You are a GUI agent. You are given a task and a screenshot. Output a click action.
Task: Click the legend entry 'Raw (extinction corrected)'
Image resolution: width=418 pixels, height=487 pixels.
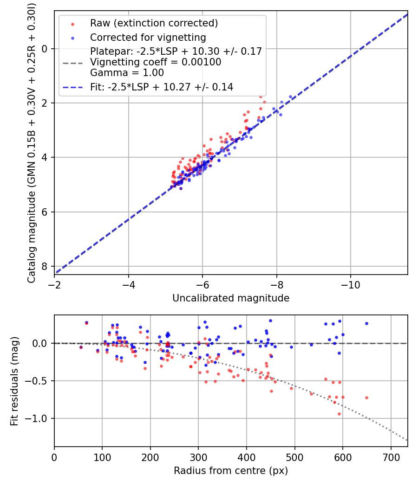click(154, 23)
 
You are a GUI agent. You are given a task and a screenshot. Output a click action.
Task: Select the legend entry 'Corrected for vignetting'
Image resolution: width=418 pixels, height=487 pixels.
click(148, 37)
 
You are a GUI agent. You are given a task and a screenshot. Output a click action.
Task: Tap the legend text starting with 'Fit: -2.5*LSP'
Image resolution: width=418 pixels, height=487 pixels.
click(161, 87)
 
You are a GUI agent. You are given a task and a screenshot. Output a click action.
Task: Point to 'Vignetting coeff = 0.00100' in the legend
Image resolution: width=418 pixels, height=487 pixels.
click(156, 62)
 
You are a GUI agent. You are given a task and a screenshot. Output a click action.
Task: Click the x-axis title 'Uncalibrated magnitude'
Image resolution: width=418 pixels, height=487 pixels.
click(231, 298)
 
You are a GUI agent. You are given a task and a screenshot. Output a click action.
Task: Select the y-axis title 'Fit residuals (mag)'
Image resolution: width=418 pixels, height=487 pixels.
click(14, 381)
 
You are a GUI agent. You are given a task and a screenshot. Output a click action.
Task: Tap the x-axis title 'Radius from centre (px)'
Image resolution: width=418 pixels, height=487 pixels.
click(231, 471)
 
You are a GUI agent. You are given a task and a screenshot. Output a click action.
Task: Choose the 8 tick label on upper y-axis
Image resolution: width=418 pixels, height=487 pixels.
click(45, 266)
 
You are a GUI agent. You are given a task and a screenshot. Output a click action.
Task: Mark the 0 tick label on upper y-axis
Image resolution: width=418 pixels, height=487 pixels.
click(45, 49)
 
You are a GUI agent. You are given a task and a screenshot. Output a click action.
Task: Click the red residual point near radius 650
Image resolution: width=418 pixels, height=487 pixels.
click(366, 397)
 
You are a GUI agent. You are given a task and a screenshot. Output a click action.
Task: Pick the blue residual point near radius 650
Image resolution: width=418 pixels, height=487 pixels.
click(366, 323)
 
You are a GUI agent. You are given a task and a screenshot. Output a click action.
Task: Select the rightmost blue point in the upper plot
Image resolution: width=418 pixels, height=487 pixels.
click(290, 96)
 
